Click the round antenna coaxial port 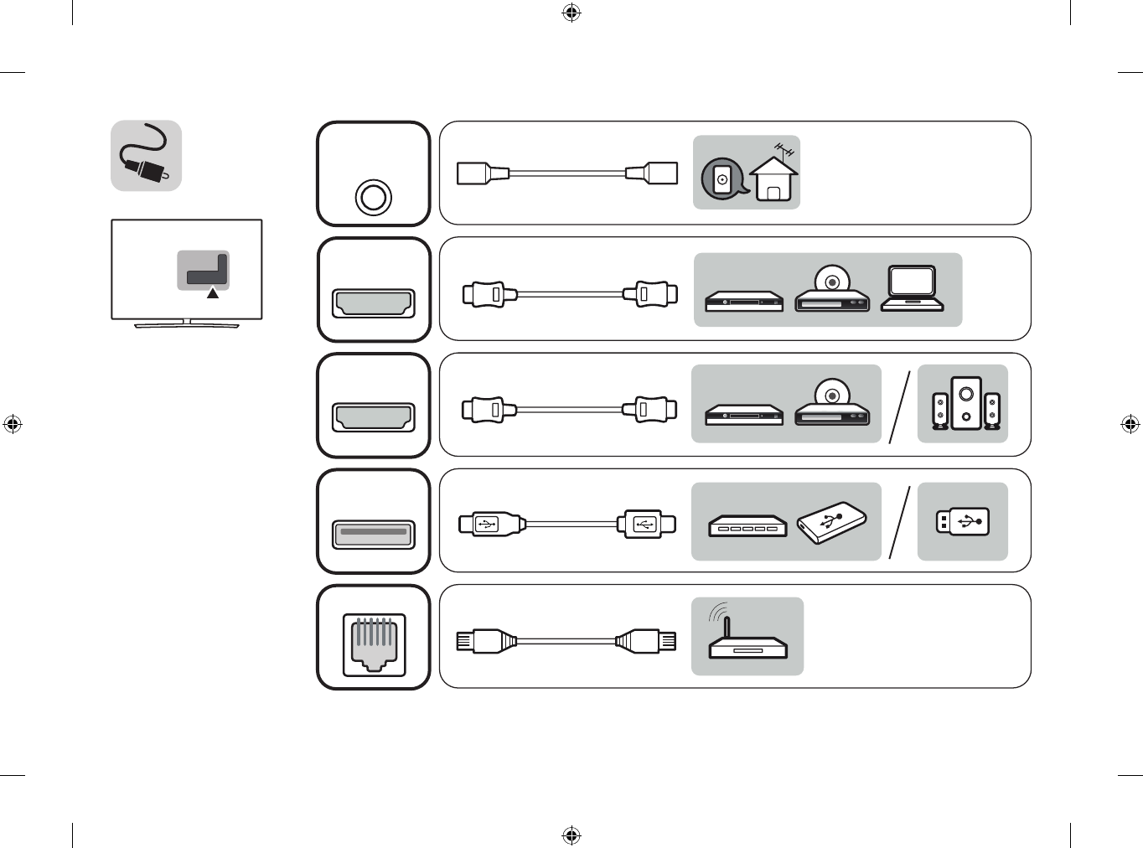coord(373,198)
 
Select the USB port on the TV coord(374,533)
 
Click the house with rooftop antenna coord(773,177)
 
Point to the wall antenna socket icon coord(721,178)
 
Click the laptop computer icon coord(912,289)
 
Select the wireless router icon coord(747,639)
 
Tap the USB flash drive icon coord(962,522)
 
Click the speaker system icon coord(966,404)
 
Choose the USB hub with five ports coord(747,526)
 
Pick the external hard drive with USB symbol coord(831,522)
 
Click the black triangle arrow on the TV coord(213,293)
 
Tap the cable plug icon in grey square coord(147,156)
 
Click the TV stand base coord(187,324)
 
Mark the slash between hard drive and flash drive coord(899,522)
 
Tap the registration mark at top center coord(571,13)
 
